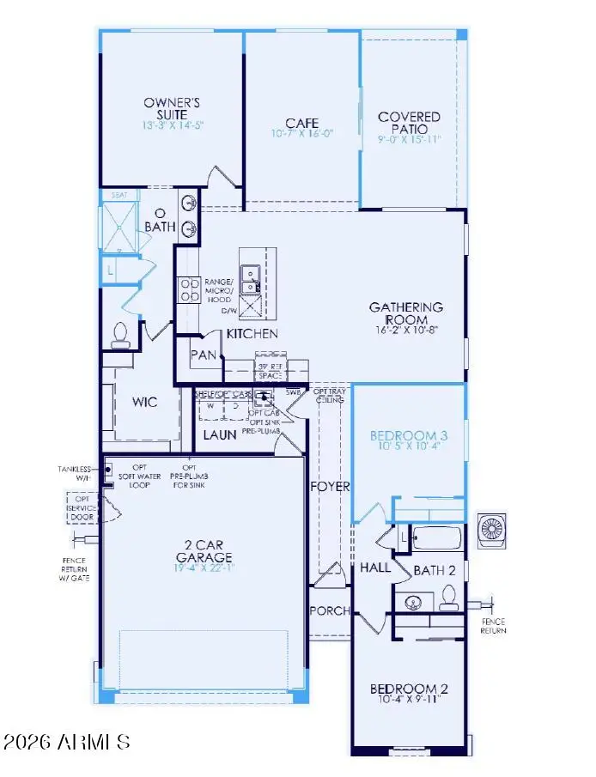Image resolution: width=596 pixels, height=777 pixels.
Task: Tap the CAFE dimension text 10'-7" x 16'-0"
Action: [301, 134]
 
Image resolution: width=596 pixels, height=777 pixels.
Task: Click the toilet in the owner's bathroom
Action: [119, 334]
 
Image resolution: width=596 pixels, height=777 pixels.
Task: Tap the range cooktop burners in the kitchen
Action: [188, 290]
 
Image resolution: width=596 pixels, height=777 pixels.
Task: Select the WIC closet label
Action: [143, 402]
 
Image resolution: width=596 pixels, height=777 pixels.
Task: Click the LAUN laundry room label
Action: [219, 434]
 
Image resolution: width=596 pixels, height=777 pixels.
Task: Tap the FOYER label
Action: [331, 486]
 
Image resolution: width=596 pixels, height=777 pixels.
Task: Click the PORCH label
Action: [331, 610]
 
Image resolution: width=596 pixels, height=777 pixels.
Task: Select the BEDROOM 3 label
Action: [409, 435]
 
